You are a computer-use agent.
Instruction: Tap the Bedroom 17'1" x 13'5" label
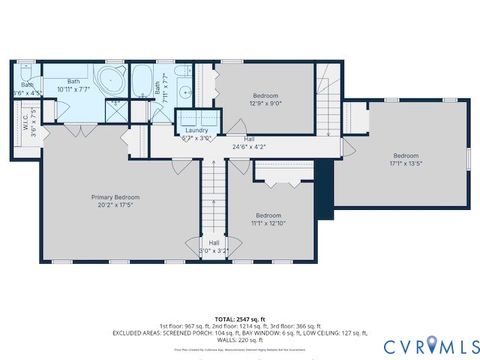[405, 159]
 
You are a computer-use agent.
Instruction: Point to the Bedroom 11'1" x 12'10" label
[268, 219]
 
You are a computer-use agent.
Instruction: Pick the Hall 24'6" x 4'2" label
[250, 142]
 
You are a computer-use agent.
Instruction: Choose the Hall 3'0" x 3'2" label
[214, 245]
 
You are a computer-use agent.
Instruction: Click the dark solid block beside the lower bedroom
[322, 195]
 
